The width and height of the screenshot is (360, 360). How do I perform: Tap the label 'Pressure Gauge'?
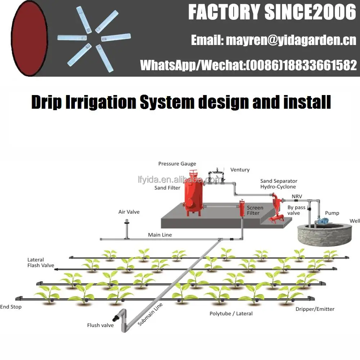(177, 164)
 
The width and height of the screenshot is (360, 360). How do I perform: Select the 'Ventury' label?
(240, 170)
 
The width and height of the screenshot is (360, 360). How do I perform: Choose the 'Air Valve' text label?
(129, 212)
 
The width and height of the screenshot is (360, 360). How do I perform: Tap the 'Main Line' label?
(160, 235)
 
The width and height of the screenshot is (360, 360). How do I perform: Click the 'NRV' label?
(297, 196)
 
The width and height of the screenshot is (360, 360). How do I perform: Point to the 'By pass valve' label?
(296, 210)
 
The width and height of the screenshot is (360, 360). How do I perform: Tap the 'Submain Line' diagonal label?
(150, 314)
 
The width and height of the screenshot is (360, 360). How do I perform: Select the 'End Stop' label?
(11, 307)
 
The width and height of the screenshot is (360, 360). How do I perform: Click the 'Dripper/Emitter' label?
(315, 309)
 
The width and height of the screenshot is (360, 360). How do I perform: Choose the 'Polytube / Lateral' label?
(231, 314)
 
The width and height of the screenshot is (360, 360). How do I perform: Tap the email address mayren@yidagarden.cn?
(273, 40)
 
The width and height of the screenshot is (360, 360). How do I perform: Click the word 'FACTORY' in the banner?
(224, 13)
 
